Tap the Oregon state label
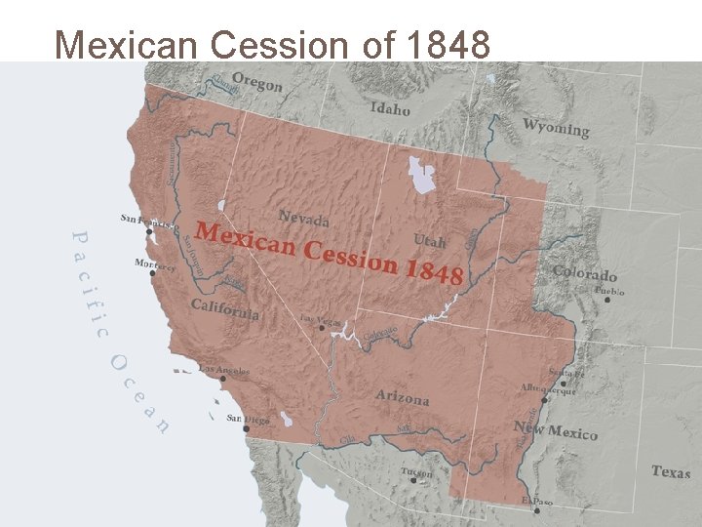[x=257, y=84]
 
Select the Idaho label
[x=390, y=108]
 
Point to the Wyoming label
[x=556, y=128]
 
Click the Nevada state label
[x=303, y=218]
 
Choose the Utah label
[x=430, y=240]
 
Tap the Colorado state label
[x=585, y=274]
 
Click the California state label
[x=225, y=309]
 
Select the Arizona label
[x=403, y=398]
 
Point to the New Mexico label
[x=555, y=430]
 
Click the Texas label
[x=671, y=471]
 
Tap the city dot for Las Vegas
[x=321, y=329]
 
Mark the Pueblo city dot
[x=606, y=300]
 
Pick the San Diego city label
[x=249, y=419]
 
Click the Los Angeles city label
[x=225, y=370]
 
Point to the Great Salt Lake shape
[x=422, y=176]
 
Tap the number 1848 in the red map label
[x=433, y=271]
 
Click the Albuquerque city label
[x=548, y=389]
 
